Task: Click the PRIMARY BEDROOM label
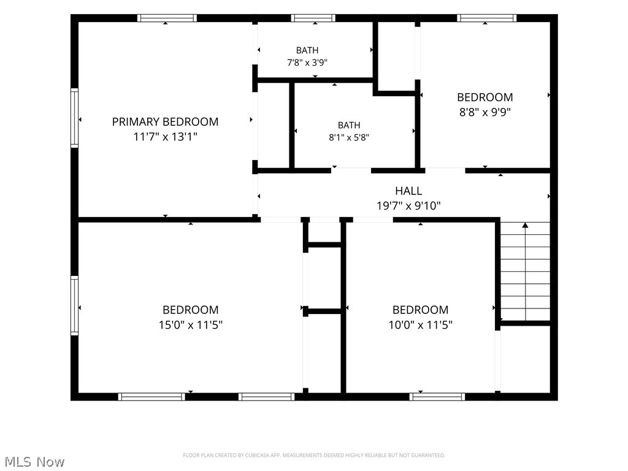[x=165, y=122]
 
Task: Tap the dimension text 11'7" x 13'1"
[x=165, y=137]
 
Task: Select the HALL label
[x=408, y=191]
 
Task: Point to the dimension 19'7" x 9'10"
[x=408, y=206]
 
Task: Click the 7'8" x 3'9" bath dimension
[x=307, y=63]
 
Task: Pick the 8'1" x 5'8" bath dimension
[x=349, y=137]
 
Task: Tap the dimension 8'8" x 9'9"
[x=485, y=112]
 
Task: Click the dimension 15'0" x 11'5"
[x=191, y=324]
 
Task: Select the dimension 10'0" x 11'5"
[x=421, y=324]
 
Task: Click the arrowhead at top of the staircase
[x=525, y=225]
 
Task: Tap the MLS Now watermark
[x=34, y=462]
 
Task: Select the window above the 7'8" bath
[x=313, y=18]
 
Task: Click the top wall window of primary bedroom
[x=167, y=18]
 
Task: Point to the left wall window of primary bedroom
[x=74, y=118]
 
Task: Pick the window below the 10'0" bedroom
[x=437, y=397]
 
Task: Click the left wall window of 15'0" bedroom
[x=74, y=305]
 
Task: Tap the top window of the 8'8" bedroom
[x=486, y=18]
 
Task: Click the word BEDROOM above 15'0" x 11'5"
[x=191, y=310]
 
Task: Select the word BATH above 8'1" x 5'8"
[x=349, y=125]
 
